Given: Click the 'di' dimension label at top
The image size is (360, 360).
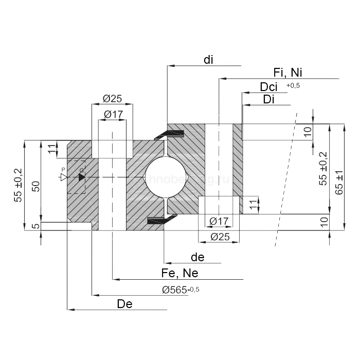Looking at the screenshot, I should coord(208,60).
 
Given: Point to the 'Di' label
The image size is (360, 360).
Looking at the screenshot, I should coord(268,99).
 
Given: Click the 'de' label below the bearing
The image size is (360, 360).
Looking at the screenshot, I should coord(197,257).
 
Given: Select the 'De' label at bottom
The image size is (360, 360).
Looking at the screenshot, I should coord(125,304).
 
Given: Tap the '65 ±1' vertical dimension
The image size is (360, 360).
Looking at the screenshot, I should coord(338,183).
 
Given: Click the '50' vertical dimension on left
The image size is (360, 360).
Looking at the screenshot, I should coord(34,186).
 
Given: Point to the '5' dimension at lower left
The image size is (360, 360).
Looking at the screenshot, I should coord(34,226).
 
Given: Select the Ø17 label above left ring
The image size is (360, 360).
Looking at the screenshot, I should coord(112,114).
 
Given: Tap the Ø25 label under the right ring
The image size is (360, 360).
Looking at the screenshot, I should coord(219,237).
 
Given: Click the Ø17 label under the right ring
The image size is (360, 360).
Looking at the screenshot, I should coord(219,222).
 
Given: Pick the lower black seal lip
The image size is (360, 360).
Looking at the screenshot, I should coord(158,221).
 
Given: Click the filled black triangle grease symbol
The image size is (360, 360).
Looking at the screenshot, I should coord(82,176).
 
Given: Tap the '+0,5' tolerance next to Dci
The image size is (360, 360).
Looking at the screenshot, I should coord(293,85).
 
